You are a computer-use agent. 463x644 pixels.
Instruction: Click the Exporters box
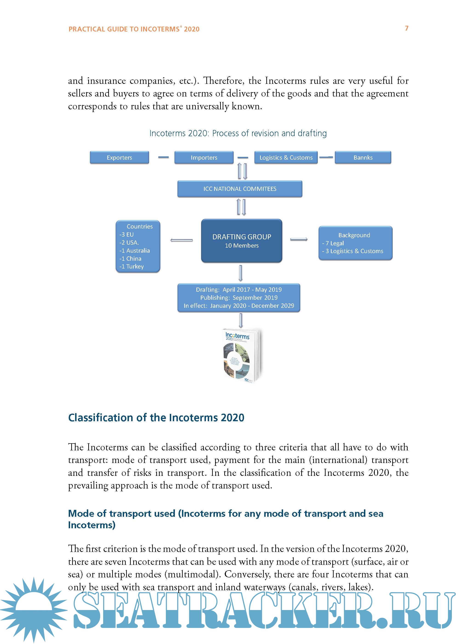coord(119,157)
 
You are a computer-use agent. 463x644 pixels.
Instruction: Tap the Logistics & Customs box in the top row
coord(286,157)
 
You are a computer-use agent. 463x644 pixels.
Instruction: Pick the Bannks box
coord(363,157)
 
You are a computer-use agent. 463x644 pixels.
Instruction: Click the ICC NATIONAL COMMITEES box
coord(240,189)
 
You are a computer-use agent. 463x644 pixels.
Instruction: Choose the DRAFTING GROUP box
coord(241,240)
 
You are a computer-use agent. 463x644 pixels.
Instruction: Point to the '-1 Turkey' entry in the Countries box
coord(132,266)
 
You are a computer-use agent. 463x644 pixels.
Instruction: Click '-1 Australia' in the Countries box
coord(135,250)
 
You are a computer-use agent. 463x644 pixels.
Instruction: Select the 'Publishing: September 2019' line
coord(239,298)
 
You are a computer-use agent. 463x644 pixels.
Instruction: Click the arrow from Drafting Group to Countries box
coord(182,240)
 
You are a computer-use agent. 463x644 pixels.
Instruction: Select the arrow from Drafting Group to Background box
coord(299,239)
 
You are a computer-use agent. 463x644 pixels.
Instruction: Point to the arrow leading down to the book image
coord(241,321)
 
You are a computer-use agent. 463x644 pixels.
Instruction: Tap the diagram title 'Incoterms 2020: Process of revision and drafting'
coord(238,133)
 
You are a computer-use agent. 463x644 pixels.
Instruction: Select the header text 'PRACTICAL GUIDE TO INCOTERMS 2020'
coord(134,29)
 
